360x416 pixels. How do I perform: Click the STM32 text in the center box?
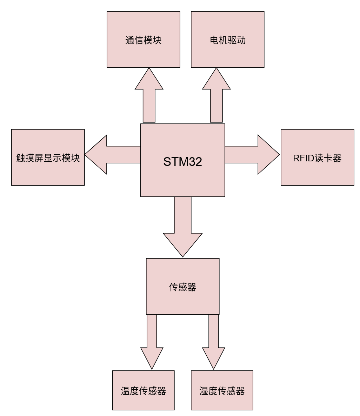pyautogui.click(x=182, y=161)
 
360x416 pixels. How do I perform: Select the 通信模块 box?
pyautogui.click(x=143, y=40)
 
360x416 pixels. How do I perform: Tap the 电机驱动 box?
pyautogui.click(x=227, y=40)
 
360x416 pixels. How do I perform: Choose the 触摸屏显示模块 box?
pyautogui.click(x=48, y=157)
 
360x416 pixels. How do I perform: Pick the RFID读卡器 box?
pyautogui.click(x=317, y=157)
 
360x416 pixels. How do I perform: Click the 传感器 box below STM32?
pyautogui.click(x=182, y=287)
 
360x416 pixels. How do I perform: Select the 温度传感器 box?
pyautogui.click(x=143, y=390)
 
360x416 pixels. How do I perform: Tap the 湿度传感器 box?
pyautogui.click(x=222, y=390)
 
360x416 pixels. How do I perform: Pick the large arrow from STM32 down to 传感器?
pyautogui.click(x=183, y=224)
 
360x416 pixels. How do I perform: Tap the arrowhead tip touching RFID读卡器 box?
pyautogui.click(x=279, y=155)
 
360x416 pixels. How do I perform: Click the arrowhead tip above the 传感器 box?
pyautogui.click(x=183, y=256)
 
